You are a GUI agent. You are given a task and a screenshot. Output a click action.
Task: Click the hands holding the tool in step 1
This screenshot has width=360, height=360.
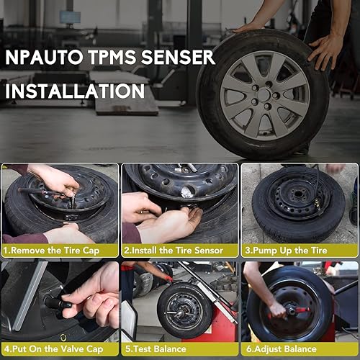pos(58,184)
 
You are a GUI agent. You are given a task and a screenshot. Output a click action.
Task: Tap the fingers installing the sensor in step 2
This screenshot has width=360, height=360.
pos(155,216)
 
